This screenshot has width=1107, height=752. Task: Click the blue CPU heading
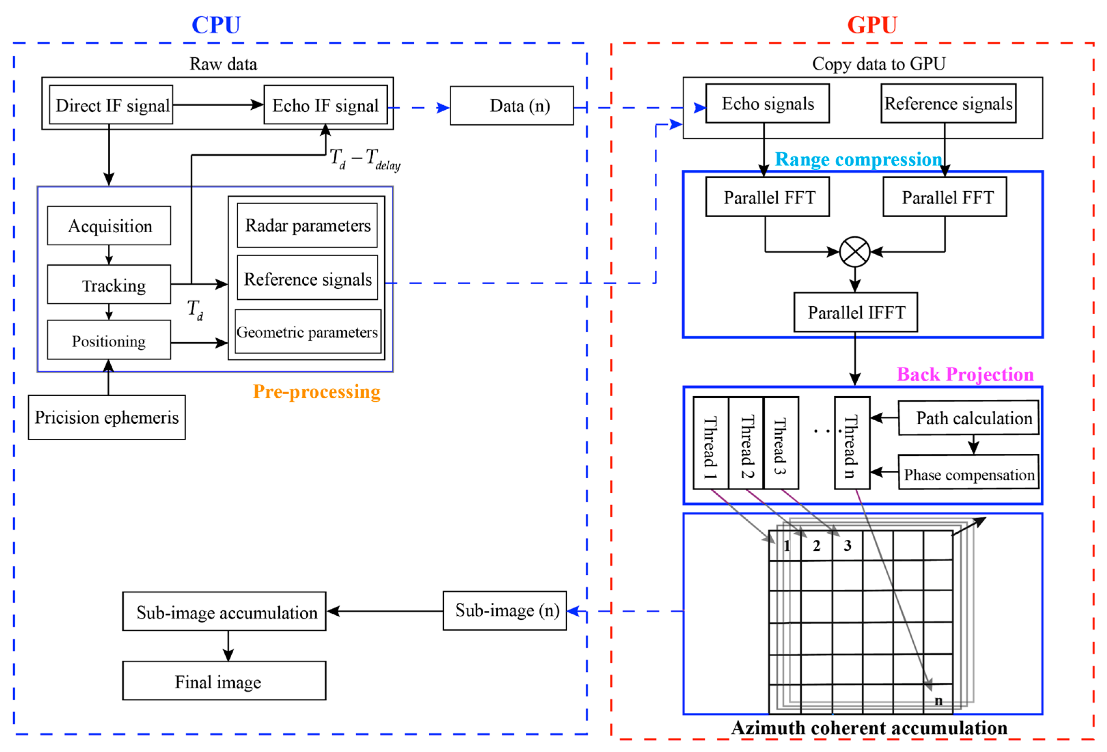point(216,25)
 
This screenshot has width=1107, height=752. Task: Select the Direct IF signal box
point(111,105)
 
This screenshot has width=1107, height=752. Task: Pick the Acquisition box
point(109,226)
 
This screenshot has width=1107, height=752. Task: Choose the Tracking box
point(109,285)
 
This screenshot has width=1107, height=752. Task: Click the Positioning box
point(109,340)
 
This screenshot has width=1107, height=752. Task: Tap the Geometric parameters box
point(307,332)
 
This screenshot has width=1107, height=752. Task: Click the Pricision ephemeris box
point(107,418)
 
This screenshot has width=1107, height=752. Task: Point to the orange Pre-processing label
point(316,392)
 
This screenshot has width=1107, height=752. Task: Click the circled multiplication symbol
point(855,251)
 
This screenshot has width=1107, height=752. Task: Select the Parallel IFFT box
point(856,312)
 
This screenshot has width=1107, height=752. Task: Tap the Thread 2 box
point(746,443)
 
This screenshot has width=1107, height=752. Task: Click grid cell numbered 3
point(847,546)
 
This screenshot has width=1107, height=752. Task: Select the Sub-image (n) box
point(505,611)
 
